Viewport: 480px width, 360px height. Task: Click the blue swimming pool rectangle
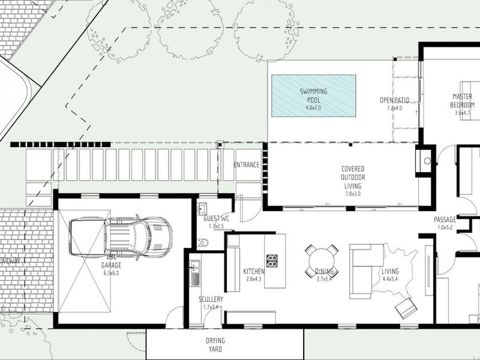[x=313, y=95]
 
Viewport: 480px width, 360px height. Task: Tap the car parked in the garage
[x=121, y=237]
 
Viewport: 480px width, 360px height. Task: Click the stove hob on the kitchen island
[x=272, y=261]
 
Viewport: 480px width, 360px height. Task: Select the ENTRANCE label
[x=246, y=165]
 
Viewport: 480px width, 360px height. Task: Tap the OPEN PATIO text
[x=395, y=100]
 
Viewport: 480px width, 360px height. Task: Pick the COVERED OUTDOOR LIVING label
[x=353, y=178]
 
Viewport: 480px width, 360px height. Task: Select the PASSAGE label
[x=445, y=220]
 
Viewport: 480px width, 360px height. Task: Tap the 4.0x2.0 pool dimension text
[x=314, y=108]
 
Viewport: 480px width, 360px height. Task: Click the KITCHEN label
[x=254, y=272]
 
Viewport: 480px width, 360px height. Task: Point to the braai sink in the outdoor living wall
[x=426, y=160]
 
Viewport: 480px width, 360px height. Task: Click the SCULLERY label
[x=211, y=299]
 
